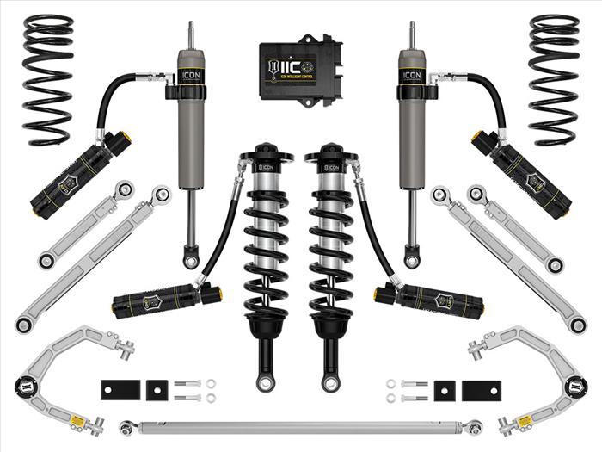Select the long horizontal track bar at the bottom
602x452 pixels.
pyautogui.click(x=301, y=426)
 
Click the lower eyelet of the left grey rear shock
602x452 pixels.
pyautogui.click(x=190, y=256)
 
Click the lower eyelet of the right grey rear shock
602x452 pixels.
pyautogui.click(x=413, y=256)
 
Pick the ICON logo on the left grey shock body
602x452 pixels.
pyautogui.click(x=190, y=75)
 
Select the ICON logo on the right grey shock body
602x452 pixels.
pyautogui.click(x=412, y=75)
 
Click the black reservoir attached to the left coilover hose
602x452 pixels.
pyautogui.click(x=168, y=300)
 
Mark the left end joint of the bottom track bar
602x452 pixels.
pyautogui.click(x=127, y=427)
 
